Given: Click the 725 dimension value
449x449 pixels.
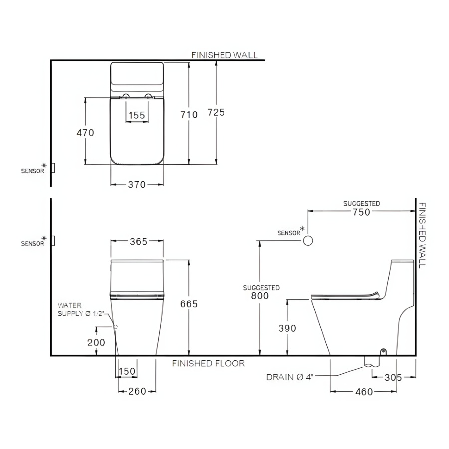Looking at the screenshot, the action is [216, 112].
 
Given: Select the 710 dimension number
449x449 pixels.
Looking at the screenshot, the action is [189, 115].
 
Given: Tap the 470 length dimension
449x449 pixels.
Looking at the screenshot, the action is [85, 133].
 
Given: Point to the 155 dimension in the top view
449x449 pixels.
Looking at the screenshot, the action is [137, 115].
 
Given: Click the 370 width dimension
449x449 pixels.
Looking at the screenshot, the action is [137, 185].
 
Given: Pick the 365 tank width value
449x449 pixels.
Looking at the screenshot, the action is [139, 241].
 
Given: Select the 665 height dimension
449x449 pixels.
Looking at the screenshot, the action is [189, 304].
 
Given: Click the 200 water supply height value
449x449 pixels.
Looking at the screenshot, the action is [96, 342].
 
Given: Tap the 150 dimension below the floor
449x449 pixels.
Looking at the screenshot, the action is [127, 371].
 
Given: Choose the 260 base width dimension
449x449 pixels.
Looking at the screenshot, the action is [137, 391].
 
